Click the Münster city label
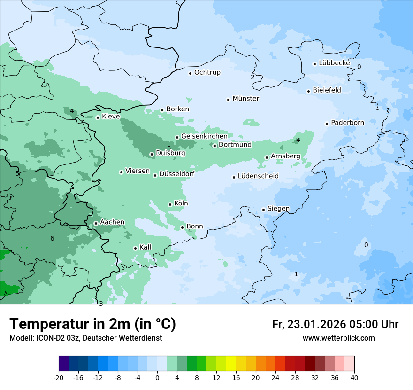(x=246, y=99)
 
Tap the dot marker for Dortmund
(x=214, y=146)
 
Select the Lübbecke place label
(x=334, y=63)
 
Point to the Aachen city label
(x=112, y=222)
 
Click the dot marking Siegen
(x=263, y=210)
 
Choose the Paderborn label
(x=347, y=123)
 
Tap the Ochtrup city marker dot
(x=190, y=73)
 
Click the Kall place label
(x=145, y=247)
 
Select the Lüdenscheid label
(x=258, y=176)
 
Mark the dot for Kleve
(x=98, y=117)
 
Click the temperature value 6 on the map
(x=52, y=238)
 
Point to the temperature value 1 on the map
(x=296, y=274)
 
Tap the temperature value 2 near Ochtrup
(x=252, y=77)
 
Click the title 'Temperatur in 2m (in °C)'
(x=92, y=324)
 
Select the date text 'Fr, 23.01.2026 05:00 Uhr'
(x=335, y=324)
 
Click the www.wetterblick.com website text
(x=338, y=338)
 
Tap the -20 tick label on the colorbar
(x=59, y=378)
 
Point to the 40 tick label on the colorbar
(x=354, y=378)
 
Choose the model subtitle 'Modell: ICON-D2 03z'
(x=47, y=338)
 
